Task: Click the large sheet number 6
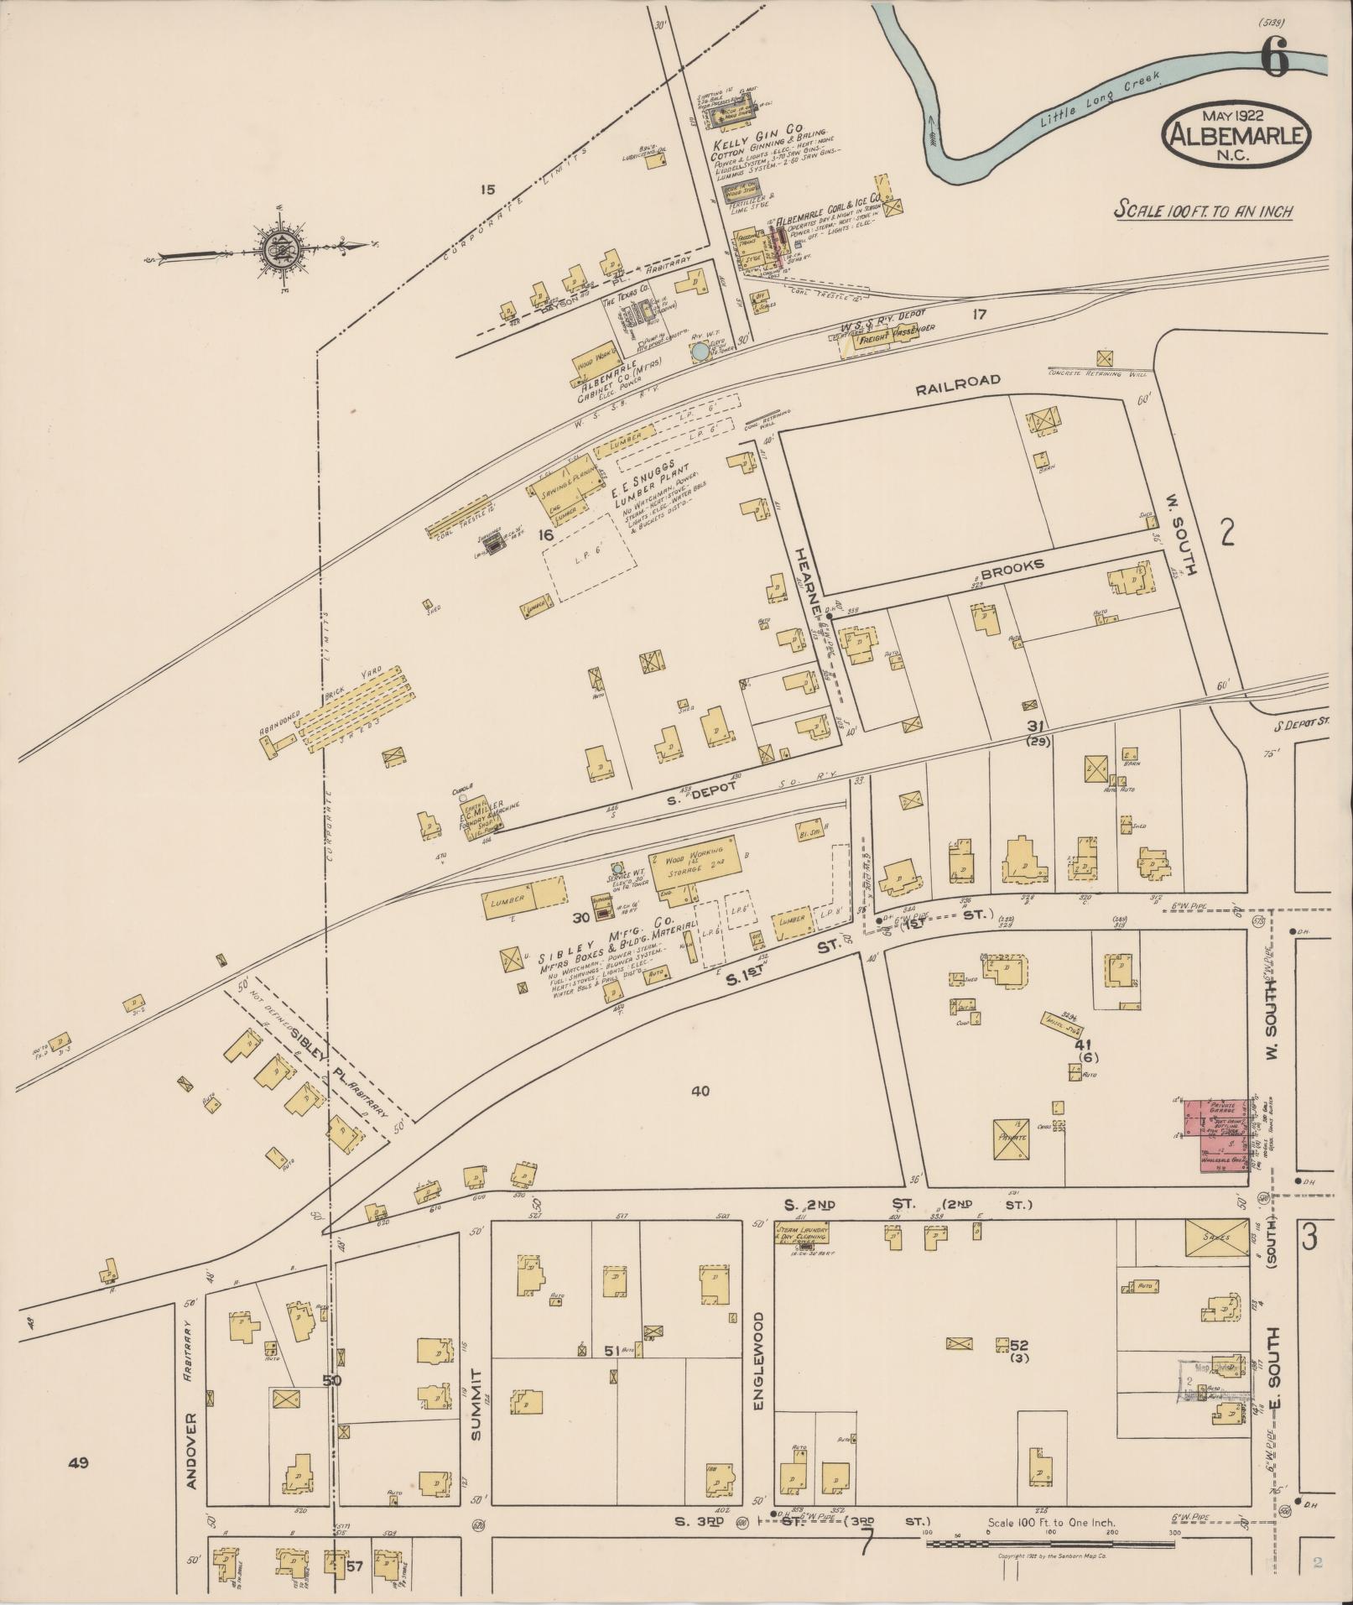tap(1273, 59)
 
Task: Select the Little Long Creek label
tap(1101, 98)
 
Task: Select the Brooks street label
tap(1012, 566)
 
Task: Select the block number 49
tap(79, 1462)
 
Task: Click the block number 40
tap(700, 1090)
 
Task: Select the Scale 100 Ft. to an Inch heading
tap(1202, 211)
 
